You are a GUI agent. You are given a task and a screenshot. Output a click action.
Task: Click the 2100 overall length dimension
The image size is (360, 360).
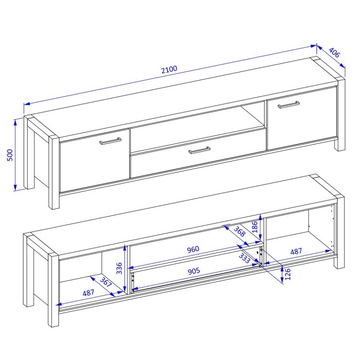click(x=169, y=69)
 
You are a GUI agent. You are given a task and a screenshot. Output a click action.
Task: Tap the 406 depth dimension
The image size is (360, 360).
click(x=334, y=52)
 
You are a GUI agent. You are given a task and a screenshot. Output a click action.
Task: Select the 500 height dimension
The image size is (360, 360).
click(x=10, y=155)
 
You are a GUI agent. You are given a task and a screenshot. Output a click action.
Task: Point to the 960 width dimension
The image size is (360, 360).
click(x=193, y=249)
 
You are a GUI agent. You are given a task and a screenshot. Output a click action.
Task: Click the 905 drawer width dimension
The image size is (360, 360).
click(x=194, y=271)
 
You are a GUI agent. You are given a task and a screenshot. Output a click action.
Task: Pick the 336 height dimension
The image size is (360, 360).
click(x=119, y=268)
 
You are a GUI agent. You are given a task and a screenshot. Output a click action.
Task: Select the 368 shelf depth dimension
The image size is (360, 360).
click(x=240, y=231)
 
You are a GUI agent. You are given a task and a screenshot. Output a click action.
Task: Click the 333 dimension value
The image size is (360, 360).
click(x=244, y=258)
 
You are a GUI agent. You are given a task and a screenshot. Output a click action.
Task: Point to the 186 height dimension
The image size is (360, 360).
click(x=255, y=227)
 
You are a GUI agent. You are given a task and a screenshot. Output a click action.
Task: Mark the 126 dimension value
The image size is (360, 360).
click(x=287, y=274)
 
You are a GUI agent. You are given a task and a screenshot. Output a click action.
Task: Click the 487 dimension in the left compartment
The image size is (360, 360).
click(x=88, y=293)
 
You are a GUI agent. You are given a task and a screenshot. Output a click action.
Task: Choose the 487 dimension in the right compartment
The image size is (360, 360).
click(x=296, y=251)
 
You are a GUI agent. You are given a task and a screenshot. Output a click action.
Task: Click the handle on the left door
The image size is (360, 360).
click(x=111, y=141)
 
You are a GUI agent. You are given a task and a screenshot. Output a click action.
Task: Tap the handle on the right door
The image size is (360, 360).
click(x=289, y=104)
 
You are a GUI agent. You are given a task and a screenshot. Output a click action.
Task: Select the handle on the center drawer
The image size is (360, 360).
click(x=200, y=150)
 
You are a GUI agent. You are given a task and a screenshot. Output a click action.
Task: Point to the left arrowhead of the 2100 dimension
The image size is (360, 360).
click(x=27, y=104)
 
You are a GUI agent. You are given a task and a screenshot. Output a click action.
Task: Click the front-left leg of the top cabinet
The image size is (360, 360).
click(x=54, y=172)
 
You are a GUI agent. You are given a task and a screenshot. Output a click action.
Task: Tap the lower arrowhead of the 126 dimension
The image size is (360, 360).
click(x=282, y=280)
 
